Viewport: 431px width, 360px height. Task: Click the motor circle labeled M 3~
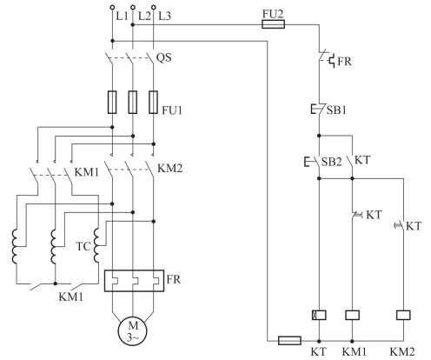[x=132, y=330]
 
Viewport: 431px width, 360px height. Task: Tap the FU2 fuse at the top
[x=273, y=24]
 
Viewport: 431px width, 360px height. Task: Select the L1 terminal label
[x=122, y=16]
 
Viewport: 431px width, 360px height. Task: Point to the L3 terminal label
[x=164, y=16]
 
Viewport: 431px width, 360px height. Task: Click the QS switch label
[x=164, y=57]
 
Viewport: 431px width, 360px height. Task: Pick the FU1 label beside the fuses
[x=172, y=110]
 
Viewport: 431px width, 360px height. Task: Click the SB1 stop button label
[x=336, y=110]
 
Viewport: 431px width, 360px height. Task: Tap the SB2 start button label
[x=332, y=162]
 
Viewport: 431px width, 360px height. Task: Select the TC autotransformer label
[x=83, y=246]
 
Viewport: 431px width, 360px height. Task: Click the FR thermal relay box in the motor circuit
[x=134, y=281]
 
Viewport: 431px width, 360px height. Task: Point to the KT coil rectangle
[x=319, y=315]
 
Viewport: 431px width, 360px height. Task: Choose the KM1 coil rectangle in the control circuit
[x=353, y=315]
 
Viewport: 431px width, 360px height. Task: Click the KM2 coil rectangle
[x=403, y=315]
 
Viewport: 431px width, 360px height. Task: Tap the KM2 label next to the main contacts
[x=169, y=168]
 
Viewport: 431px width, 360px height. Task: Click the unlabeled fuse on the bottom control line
[x=289, y=340]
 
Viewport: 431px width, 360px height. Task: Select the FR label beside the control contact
[x=344, y=62]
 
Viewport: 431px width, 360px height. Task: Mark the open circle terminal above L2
[x=133, y=7]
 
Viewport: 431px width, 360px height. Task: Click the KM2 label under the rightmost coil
[x=402, y=351]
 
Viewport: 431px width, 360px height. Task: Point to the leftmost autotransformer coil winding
[x=15, y=246]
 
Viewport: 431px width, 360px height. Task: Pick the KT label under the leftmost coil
[x=319, y=351]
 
